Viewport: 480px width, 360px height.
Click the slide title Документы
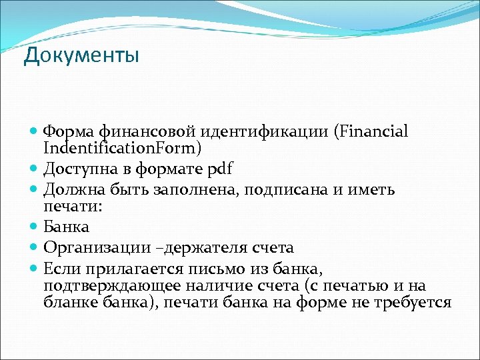81,55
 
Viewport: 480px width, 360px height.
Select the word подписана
293,190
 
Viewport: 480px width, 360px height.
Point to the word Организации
97,248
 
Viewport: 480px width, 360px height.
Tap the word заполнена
198,190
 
